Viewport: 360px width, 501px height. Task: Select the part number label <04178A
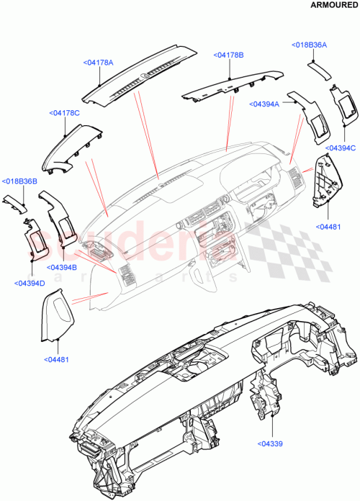coord(98,63)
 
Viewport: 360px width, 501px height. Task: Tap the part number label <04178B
coord(228,55)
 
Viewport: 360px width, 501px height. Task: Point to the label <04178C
coord(65,113)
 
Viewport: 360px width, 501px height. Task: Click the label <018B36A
coord(310,45)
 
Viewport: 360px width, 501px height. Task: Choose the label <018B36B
coord(19,181)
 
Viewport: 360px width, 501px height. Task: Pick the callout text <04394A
coord(265,104)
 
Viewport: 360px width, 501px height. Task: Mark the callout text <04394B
coord(64,267)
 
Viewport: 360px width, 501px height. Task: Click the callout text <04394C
coord(341,148)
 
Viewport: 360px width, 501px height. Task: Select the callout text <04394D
coord(30,283)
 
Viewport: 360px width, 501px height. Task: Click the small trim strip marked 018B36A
coord(318,69)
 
